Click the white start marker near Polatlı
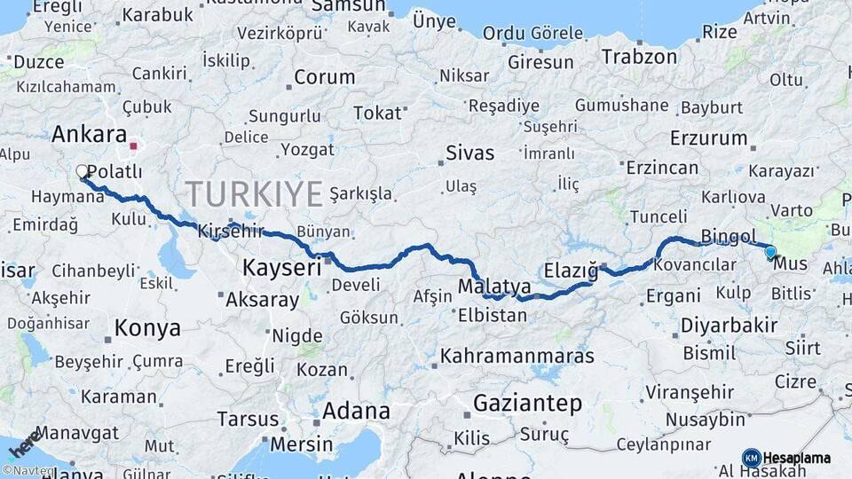tap(83, 171)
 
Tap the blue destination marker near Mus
tap(770, 252)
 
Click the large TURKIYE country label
tap(254, 193)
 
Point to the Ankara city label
tap(89, 135)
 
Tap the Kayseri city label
tap(282, 266)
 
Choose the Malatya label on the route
tap(494, 287)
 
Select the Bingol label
tap(728, 236)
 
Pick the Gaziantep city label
tap(527, 404)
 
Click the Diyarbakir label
tap(729, 326)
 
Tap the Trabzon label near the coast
tap(639, 57)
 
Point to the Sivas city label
tap(469, 153)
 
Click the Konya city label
tap(147, 328)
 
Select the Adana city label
tap(355, 411)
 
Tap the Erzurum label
tap(708, 138)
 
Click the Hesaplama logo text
tap(797, 459)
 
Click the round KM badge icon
tap(751, 458)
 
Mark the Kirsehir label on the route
tap(231, 230)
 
